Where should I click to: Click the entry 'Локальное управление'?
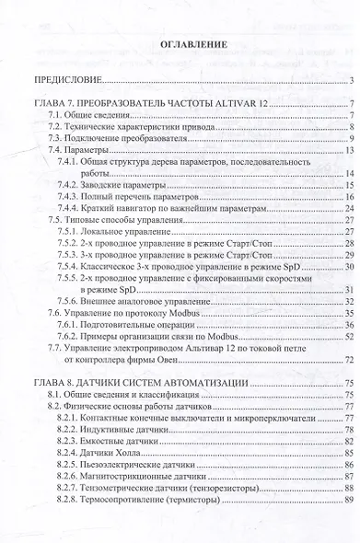(x=134, y=232)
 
